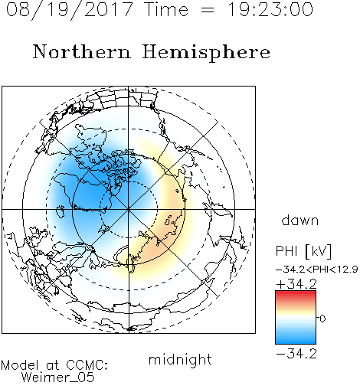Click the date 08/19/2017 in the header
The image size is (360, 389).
[70, 10]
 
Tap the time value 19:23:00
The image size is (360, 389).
[270, 9]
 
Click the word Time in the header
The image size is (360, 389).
[166, 9]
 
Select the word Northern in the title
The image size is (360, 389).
[82, 51]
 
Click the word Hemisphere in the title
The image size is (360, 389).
[206, 53]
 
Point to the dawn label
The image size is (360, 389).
[300, 220]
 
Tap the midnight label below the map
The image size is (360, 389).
[180, 359]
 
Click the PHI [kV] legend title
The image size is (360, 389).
[303, 251]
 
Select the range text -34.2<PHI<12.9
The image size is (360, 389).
[317, 270]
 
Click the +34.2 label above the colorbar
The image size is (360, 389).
[296, 284]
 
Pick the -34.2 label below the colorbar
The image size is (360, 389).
[296, 354]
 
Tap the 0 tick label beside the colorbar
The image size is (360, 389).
[322, 319]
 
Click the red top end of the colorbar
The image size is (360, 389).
[296, 293]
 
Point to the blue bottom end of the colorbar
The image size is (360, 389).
[296, 342]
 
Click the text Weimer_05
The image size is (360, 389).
[58, 378]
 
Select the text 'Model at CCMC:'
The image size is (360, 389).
[54, 365]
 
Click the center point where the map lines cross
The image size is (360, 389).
[129, 209]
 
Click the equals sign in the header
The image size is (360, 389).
[208, 10]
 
